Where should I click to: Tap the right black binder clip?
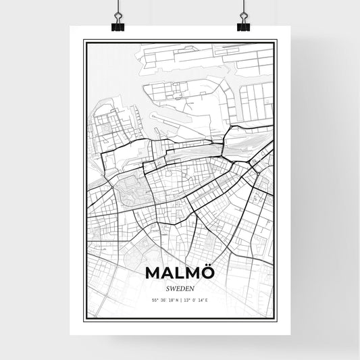[243, 26]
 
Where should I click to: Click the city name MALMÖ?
[180, 272]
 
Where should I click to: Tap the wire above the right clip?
[243, 8]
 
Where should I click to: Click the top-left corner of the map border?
[84, 41]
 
